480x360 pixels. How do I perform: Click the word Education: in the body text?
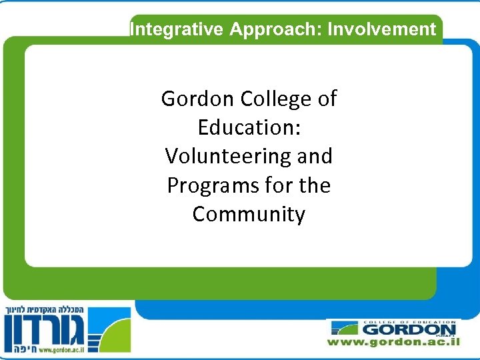pyautogui.click(x=249, y=127)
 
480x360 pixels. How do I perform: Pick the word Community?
pyautogui.click(x=249, y=215)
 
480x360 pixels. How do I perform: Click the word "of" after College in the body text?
pyautogui.click(x=327, y=99)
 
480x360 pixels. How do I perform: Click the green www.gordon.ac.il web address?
pyautogui.click(x=393, y=342)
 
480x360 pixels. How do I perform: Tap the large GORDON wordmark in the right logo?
pyautogui.click(x=408, y=329)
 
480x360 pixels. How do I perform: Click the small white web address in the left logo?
pyautogui.click(x=63, y=349)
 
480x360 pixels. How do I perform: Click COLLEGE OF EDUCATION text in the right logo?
pyautogui.click(x=408, y=322)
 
